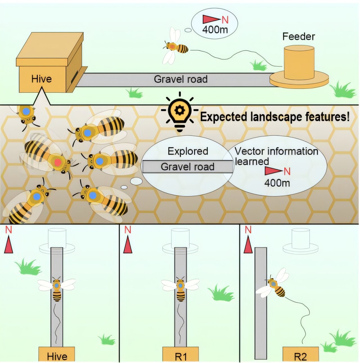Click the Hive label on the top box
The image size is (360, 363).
tap(41, 79)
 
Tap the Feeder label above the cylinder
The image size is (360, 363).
tap(298, 37)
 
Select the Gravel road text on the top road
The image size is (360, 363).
tap(181, 79)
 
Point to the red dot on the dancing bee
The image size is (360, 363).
tap(58, 162)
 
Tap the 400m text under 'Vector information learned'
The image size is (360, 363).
tap(277, 183)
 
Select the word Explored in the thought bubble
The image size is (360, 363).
tap(188, 151)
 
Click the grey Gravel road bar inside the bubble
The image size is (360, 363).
tap(188, 167)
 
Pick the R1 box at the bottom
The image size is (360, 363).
tap(181, 355)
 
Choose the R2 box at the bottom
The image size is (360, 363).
tap(300, 355)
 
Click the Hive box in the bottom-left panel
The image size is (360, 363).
tap(57, 355)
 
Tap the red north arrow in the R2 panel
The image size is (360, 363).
tap(248, 244)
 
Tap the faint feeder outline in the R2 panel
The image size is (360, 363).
tap(300, 241)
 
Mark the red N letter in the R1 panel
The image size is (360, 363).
tap(128, 230)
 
